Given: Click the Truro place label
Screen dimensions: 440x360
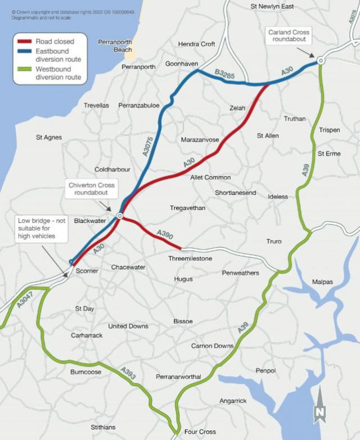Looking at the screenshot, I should [x=274, y=242].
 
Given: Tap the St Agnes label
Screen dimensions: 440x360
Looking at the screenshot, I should [x=49, y=137].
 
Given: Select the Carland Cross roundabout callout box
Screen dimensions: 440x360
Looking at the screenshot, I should [x=289, y=36].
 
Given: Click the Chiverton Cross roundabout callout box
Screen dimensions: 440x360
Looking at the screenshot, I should [x=92, y=189].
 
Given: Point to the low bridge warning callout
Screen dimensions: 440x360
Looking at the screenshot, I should [x=42, y=228].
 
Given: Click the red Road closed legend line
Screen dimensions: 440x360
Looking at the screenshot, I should [x=25, y=42].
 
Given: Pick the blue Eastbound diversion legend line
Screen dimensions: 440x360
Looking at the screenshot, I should [x=25, y=51].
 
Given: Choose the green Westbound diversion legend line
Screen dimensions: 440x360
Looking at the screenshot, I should [x=25, y=69].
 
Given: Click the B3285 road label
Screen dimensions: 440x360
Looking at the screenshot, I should [x=224, y=74].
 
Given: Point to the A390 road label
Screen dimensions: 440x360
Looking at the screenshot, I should [x=165, y=233].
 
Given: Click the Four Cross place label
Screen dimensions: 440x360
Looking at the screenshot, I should [x=200, y=432].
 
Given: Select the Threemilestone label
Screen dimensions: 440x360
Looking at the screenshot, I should [x=190, y=258].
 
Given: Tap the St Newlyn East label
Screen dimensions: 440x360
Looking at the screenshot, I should [x=272, y=6].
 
